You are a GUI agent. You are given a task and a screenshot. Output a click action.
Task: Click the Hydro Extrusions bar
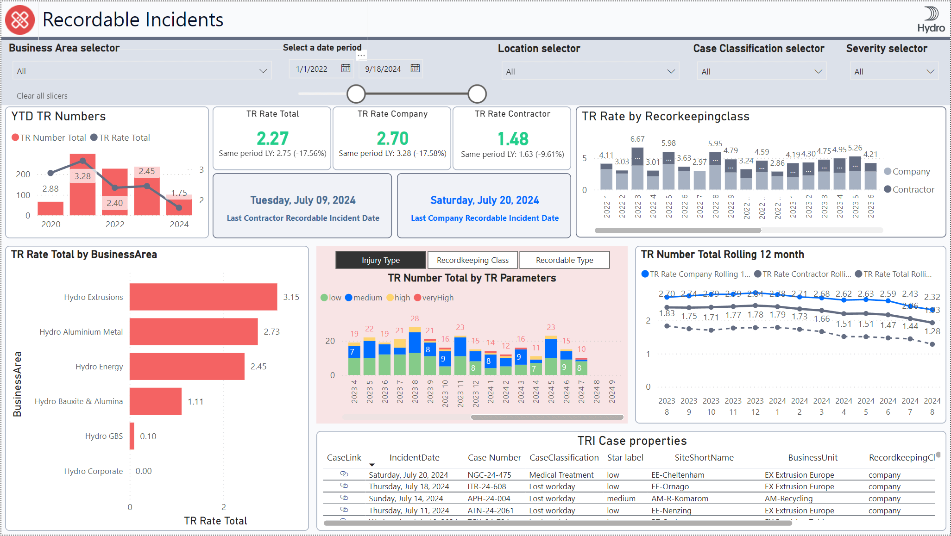coord(203,297)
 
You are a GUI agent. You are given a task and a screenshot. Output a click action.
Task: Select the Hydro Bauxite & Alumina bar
coord(155,401)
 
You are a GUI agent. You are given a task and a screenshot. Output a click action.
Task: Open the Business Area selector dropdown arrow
coord(263,71)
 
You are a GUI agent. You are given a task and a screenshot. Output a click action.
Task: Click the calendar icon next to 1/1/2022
coord(346,69)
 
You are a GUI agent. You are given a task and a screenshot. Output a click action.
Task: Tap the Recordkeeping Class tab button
coord(472,260)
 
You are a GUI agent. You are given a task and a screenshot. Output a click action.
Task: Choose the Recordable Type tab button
coord(564,260)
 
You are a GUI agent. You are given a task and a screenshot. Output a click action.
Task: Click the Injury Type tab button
coord(380,260)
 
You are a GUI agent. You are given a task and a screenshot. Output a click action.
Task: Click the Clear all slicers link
coord(42,96)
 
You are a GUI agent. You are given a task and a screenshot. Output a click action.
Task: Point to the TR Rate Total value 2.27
coord(272,138)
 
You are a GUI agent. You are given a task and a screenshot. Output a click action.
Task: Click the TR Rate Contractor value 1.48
coord(512,139)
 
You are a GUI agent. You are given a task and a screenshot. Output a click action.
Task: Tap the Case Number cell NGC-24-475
coord(489,475)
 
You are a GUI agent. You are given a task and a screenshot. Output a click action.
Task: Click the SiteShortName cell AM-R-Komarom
coord(680,499)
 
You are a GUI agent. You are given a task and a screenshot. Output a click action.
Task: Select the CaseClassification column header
coord(564,457)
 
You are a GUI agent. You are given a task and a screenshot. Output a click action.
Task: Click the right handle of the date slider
coord(477,94)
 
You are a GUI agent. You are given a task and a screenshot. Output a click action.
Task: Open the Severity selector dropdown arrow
coord(930,72)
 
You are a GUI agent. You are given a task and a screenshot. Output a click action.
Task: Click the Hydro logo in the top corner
coord(931,19)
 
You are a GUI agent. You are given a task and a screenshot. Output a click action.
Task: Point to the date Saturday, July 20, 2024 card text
coord(484,200)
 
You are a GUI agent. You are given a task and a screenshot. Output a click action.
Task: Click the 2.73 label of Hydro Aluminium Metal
coord(271,332)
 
